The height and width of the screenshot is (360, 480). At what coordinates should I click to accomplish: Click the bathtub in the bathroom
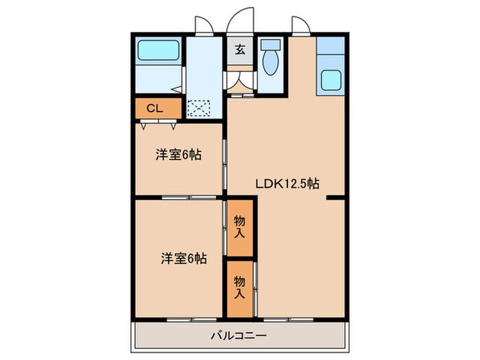pyautogui.click(x=158, y=51)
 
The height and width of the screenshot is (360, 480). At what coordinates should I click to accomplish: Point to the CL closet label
pyautogui.click(x=155, y=108)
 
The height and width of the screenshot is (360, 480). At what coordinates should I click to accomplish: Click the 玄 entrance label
pyautogui.click(x=241, y=49)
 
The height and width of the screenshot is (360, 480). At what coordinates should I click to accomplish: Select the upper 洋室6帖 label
pyautogui.click(x=178, y=155)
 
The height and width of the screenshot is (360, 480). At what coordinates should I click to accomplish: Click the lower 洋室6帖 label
pyautogui.click(x=184, y=259)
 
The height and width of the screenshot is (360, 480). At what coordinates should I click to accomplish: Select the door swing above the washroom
pyautogui.click(x=202, y=25)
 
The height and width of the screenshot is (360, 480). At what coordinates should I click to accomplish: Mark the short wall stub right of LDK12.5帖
pyautogui.click(x=335, y=198)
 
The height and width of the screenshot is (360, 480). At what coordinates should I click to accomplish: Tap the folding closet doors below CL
pyautogui.click(x=158, y=125)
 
